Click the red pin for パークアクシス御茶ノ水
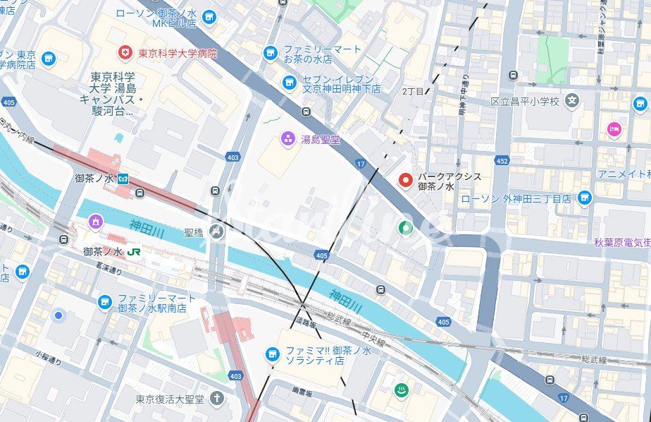click(x=406, y=181)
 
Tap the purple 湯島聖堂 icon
click(x=287, y=139)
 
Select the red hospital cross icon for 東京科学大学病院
click(x=125, y=53)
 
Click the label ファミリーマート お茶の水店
click(x=322, y=54)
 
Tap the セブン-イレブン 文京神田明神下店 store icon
click(x=289, y=84)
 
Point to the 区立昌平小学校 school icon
click(x=571, y=101)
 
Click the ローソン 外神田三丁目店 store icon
click(x=584, y=199)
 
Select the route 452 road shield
click(x=502, y=162)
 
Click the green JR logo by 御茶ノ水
click(x=134, y=251)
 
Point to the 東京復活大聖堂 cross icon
click(x=216, y=399)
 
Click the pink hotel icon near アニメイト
click(x=614, y=130)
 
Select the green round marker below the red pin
click(x=405, y=228)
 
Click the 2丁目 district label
click(x=413, y=92)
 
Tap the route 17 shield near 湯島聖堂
click(x=361, y=164)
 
